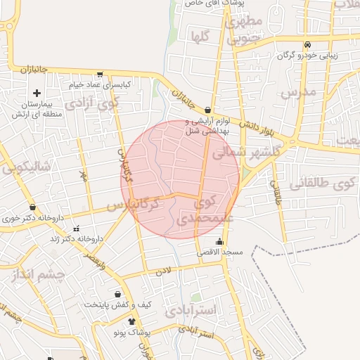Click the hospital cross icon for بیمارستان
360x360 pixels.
[37, 93]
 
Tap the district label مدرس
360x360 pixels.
[295, 93]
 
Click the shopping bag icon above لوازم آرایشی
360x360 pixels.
[208, 110]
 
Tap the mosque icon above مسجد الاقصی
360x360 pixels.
[220, 243]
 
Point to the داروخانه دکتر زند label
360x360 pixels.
[77, 238]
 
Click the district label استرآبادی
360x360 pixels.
[192, 311]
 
